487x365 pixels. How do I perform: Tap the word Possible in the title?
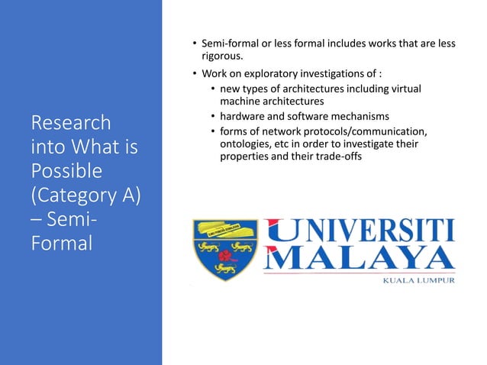[x=66, y=169]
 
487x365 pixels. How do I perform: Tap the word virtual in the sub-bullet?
[x=405, y=89]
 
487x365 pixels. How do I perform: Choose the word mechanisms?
[x=359, y=116]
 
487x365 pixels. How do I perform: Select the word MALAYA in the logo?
[x=359, y=259]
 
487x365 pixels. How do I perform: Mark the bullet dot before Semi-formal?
[x=195, y=44]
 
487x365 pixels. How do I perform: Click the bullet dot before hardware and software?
[x=211, y=116]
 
